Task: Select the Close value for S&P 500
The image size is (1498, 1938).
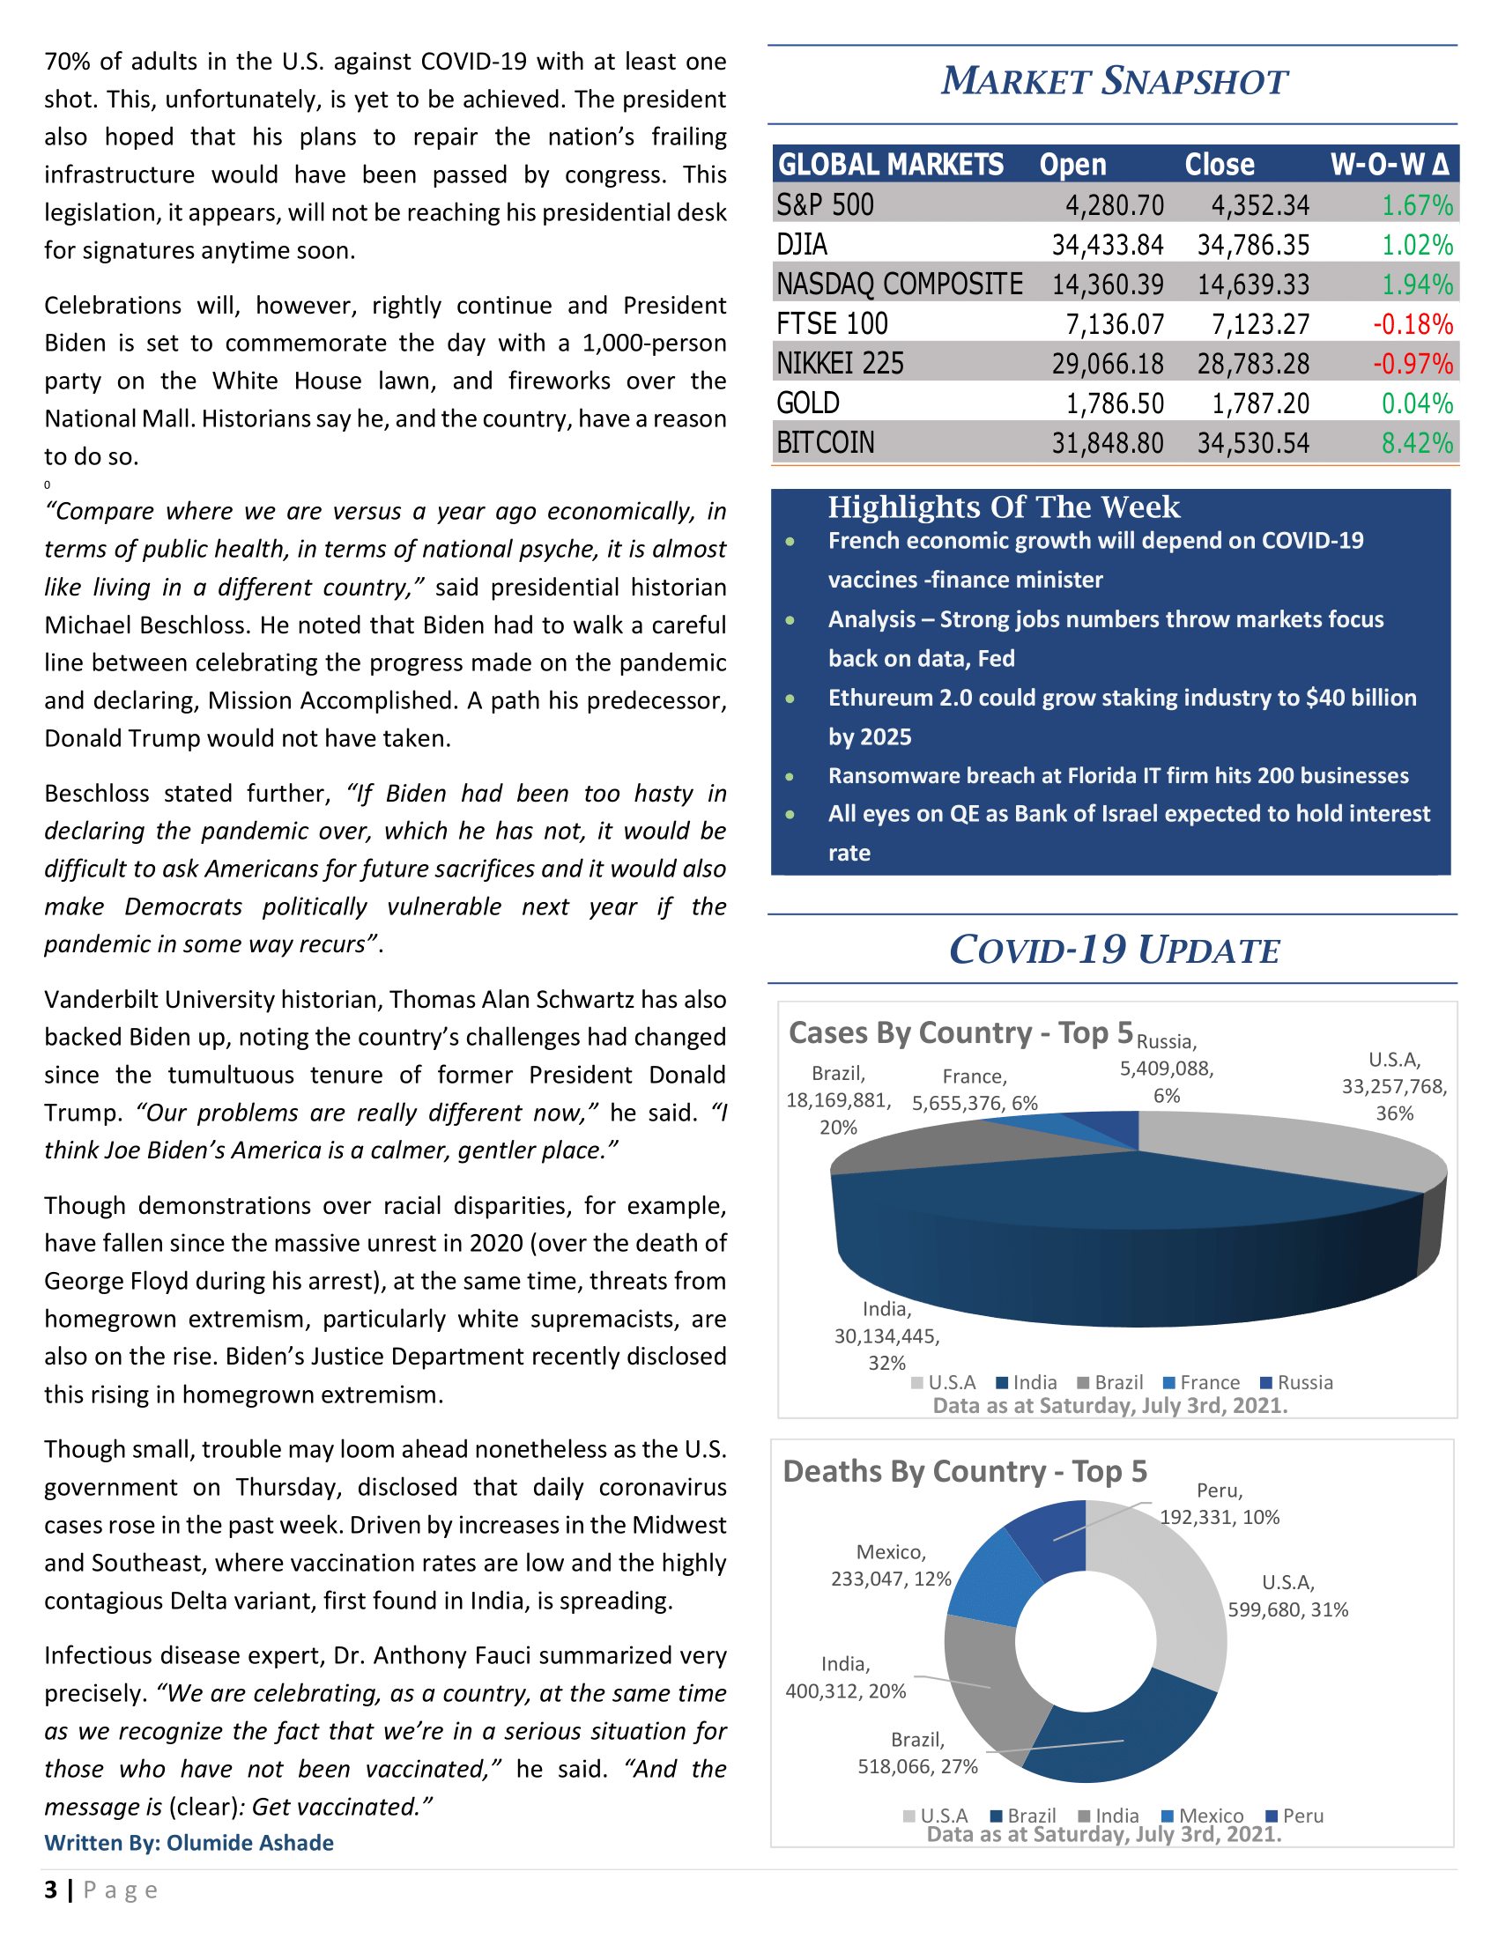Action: (1259, 206)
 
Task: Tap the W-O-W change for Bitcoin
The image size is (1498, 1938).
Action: (1416, 443)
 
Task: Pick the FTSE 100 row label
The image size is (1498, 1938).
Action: (832, 324)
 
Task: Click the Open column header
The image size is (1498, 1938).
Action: (1073, 165)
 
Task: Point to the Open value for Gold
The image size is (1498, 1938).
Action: (1114, 403)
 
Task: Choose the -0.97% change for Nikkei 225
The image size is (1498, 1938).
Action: (1412, 364)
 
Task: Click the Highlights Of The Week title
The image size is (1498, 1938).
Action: (1003, 507)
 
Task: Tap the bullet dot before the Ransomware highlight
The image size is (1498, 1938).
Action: (790, 776)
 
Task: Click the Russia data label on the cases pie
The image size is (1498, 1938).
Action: (1166, 1069)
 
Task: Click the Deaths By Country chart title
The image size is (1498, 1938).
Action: (965, 1471)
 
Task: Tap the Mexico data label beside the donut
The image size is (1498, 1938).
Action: (890, 1565)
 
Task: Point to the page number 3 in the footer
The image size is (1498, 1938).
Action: (50, 1890)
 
